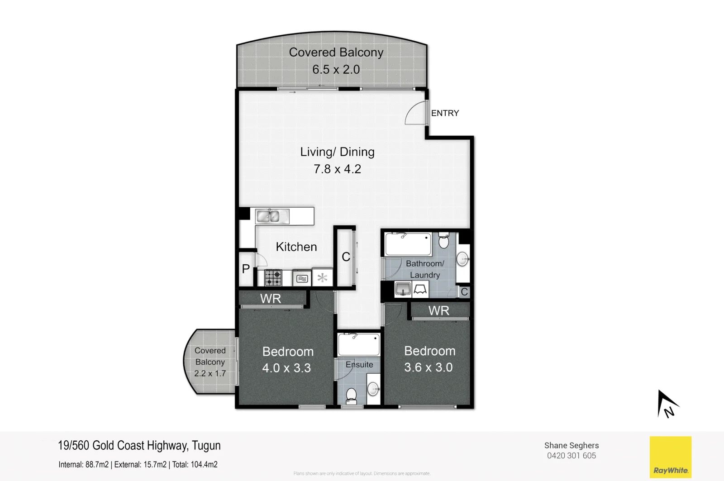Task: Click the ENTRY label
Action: click(445, 113)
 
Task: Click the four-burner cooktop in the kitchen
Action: click(273, 278)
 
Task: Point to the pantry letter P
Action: click(246, 269)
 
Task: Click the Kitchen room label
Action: click(296, 247)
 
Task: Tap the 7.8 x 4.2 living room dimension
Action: click(337, 169)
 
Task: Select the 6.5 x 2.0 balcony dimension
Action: click(336, 70)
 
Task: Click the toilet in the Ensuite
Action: click(351, 396)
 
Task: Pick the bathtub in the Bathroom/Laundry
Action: click(408, 244)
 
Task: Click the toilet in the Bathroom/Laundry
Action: click(444, 240)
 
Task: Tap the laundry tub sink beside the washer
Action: click(403, 289)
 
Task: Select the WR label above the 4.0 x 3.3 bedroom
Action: click(271, 299)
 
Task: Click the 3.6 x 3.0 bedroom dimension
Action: click(428, 367)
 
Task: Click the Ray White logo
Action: click(671, 457)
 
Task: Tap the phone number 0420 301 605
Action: click(572, 456)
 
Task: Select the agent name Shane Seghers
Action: click(572, 445)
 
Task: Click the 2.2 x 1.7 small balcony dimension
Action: click(210, 374)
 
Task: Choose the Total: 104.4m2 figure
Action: click(195, 465)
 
